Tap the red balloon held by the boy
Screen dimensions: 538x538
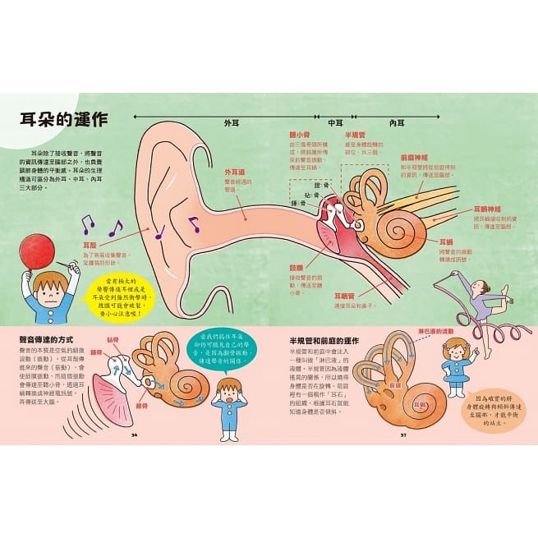tap(37, 251)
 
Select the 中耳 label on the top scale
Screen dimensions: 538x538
tap(335, 122)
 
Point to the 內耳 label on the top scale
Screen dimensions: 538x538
tap(397, 122)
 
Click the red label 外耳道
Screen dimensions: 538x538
tap(236, 173)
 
